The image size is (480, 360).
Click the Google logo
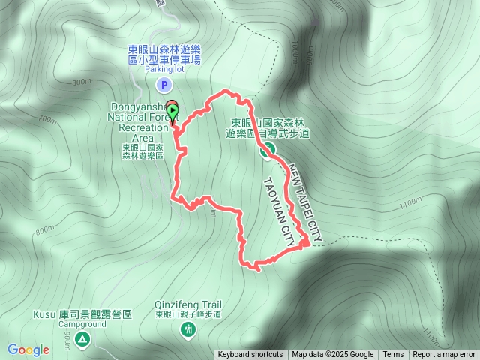28,349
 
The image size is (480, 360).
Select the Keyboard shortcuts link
250,355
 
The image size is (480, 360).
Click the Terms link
393,355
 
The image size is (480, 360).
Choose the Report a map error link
444,355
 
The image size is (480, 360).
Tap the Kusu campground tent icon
82,340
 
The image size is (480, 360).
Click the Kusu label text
44,314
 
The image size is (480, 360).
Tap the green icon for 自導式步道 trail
265,151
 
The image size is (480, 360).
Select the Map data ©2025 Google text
332,355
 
